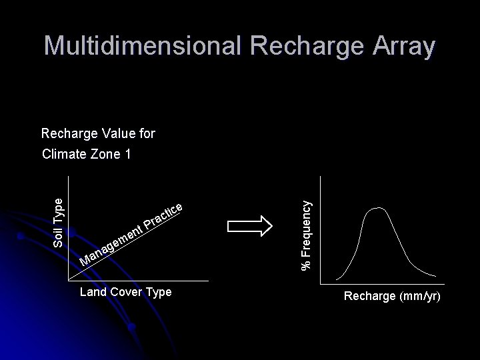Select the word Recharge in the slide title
coord(298,46)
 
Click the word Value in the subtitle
coord(111,133)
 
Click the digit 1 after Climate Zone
coord(127,155)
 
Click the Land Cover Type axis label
coord(125,293)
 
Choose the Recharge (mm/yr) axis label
coord(391,296)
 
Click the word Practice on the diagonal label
coord(163,217)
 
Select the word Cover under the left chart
coord(125,293)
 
